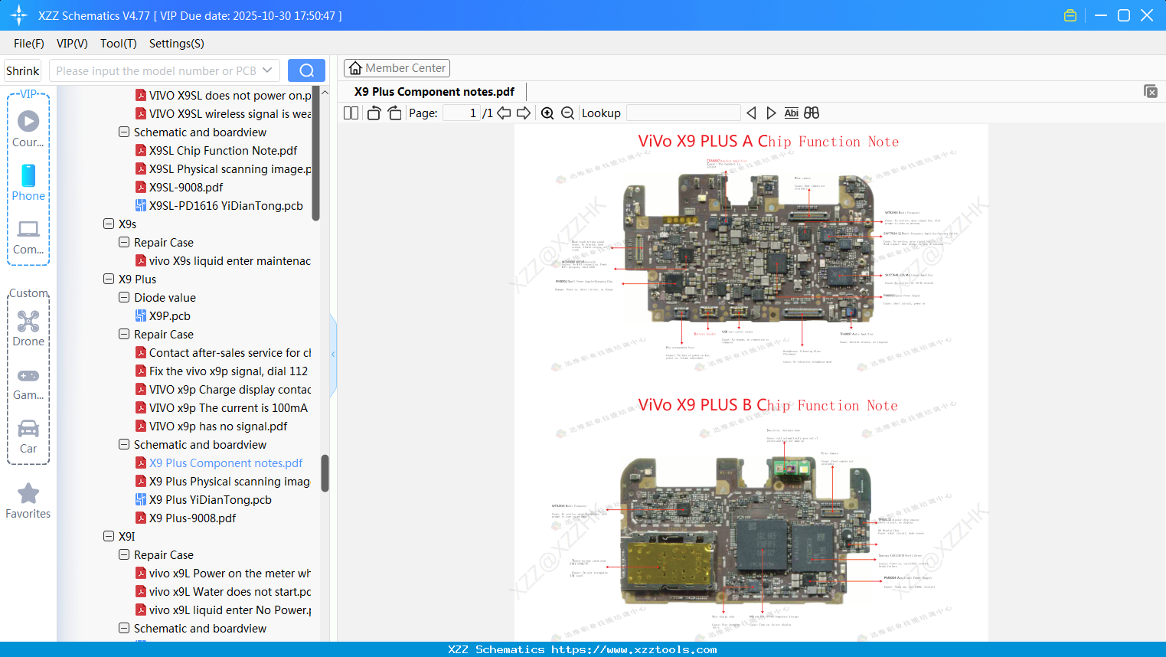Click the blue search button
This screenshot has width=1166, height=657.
(306, 70)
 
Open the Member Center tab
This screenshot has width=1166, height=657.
(397, 68)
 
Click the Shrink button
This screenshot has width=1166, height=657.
(22, 70)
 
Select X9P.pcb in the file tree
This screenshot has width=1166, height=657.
(169, 316)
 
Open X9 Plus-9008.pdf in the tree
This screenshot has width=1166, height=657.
(192, 518)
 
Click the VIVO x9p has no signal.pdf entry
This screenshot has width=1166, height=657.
(217, 427)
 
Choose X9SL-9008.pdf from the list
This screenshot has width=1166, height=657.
(186, 188)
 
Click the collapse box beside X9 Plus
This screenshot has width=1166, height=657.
(109, 279)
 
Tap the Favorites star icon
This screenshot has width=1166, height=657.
(28, 494)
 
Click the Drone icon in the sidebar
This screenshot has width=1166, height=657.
(28, 322)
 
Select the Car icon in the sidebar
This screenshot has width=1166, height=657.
(28, 429)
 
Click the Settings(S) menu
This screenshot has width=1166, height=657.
(176, 44)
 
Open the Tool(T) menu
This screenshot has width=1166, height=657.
(118, 44)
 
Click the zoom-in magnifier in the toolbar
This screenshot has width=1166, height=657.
(547, 113)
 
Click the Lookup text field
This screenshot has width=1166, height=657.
(683, 113)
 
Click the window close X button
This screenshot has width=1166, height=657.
(1147, 15)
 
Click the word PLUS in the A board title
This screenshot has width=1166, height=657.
(719, 142)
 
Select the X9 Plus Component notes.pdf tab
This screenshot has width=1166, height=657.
(434, 92)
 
